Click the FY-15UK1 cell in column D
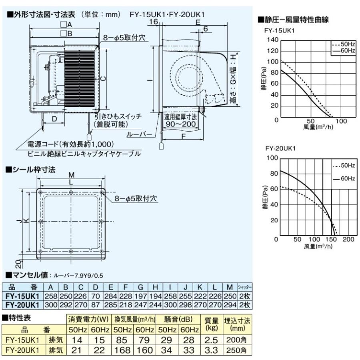point(95,296)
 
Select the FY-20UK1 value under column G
point(140,305)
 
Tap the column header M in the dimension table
point(230,287)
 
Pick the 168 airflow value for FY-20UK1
point(122,350)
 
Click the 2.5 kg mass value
point(211,340)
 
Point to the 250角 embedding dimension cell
point(236,350)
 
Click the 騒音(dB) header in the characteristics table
point(178,319)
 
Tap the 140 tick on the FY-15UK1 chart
point(272,40)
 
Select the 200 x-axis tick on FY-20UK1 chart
point(348,239)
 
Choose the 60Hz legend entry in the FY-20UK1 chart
point(344,179)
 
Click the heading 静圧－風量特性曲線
point(293,20)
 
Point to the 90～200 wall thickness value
point(181,124)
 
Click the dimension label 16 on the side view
point(153,22)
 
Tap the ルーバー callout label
point(139,134)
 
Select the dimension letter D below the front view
point(54,119)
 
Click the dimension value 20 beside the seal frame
point(19,264)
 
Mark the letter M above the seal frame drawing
point(72,175)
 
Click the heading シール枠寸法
point(30,170)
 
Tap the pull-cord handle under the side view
point(162,146)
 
